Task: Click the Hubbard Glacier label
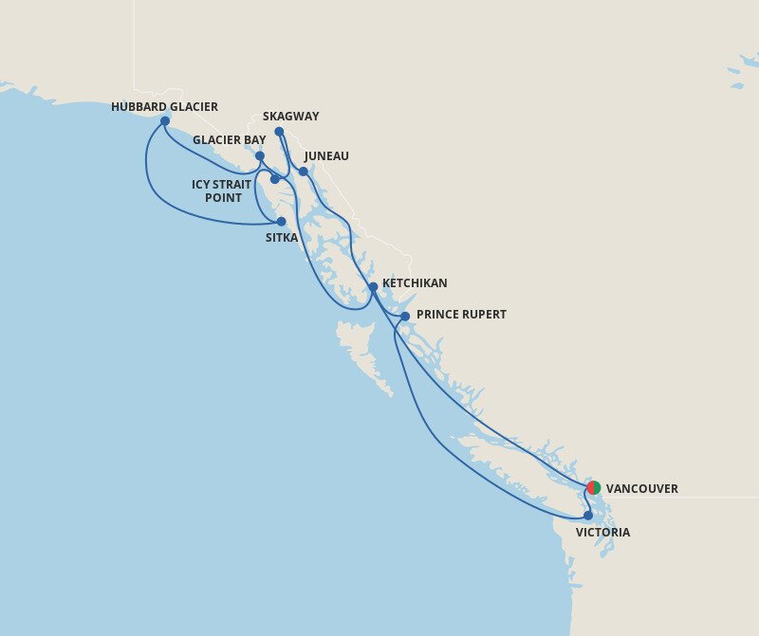(x=164, y=107)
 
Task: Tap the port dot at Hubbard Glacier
(x=165, y=121)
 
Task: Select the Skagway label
(x=290, y=117)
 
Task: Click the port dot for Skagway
(x=279, y=132)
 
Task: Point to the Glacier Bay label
(x=229, y=140)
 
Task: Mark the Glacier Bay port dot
(x=260, y=156)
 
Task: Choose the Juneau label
(x=326, y=156)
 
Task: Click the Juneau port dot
(x=304, y=172)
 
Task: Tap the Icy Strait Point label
(x=222, y=191)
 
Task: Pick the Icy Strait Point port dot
(x=275, y=179)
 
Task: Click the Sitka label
(x=282, y=238)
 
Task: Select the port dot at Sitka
(x=281, y=222)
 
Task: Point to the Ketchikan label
(x=415, y=283)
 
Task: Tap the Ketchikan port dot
(x=373, y=286)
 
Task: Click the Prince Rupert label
(x=461, y=315)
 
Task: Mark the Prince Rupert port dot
(x=405, y=317)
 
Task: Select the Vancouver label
(x=641, y=489)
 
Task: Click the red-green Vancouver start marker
(x=594, y=488)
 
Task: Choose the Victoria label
(x=602, y=533)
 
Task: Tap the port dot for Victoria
(x=588, y=516)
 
